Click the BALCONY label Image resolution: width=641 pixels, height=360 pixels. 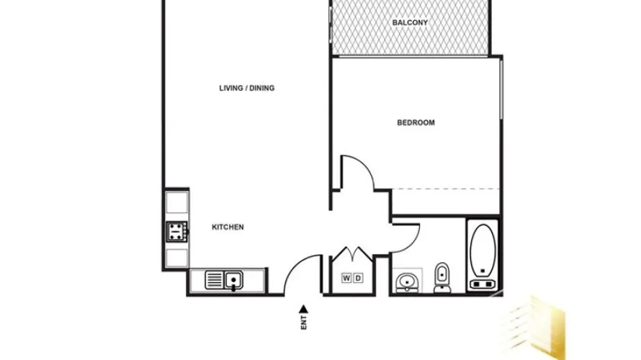point(410,23)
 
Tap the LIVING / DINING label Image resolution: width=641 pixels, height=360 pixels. point(247,89)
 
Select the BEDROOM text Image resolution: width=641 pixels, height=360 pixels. point(416,122)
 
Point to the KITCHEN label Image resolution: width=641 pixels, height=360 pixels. point(228,227)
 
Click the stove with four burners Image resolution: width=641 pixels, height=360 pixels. point(176,231)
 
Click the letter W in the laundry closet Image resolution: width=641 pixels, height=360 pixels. point(346,278)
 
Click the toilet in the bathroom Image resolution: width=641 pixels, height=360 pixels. point(442,277)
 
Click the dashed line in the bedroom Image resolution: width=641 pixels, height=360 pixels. point(447,189)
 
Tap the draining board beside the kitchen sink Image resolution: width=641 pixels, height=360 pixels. point(215,279)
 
